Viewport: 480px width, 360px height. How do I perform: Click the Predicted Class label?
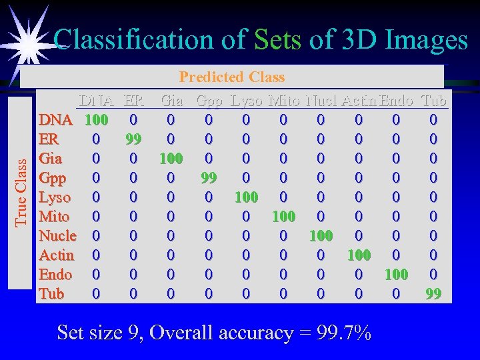[x=232, y=77]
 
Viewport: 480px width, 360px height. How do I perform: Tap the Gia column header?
[x=172, y=101]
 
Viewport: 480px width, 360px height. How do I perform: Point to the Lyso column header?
[x=246, y=101]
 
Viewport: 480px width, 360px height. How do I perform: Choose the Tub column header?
[x=434, y=101]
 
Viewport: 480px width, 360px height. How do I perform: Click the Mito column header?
[x=283, y=101]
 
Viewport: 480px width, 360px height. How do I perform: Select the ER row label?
[x=49, y=140]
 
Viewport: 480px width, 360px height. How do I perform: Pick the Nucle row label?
[x=57, y=236]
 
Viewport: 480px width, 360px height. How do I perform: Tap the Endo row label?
[x=55, y=275]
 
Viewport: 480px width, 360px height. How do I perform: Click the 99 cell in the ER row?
[x=133, y=140]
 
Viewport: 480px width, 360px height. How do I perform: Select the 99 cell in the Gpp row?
[x=208, y=179]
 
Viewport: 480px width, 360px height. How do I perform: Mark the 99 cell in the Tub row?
[x=433, y=294]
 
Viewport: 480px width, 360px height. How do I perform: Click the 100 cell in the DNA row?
[x=96, y=121]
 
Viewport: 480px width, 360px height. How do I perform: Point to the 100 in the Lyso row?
[x=246, y=198]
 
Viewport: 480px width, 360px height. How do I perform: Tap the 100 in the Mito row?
[x=283, y=217]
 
